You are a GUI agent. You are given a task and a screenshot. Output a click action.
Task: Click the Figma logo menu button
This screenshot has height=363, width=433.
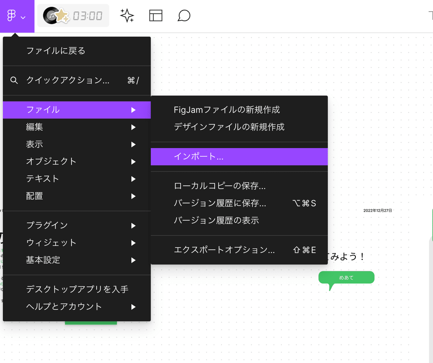(16, 16)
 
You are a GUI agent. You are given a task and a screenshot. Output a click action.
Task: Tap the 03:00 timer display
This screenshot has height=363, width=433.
(88, 16)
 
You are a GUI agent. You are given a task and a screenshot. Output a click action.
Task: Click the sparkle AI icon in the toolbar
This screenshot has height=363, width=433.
(127, 16)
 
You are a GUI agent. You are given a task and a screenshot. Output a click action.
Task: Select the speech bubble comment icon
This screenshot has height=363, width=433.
(184, 16)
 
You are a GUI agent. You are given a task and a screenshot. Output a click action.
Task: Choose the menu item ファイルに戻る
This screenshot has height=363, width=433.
(56, 51)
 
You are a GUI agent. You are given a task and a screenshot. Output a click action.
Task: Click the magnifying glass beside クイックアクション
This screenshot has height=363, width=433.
(14, 80)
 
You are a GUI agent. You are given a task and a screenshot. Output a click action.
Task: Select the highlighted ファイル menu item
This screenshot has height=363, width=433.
(43, 110)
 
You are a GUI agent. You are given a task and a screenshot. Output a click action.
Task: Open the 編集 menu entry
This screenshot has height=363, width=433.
(35, 127)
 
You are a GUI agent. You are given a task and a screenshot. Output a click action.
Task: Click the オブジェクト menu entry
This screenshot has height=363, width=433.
(52, 161)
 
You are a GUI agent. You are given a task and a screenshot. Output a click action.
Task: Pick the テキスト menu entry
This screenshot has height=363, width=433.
(43, 179)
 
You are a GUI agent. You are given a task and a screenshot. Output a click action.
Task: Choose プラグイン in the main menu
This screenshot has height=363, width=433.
(47, 225)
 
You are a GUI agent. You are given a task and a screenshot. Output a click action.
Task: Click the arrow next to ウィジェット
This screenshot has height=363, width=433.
(134, 243)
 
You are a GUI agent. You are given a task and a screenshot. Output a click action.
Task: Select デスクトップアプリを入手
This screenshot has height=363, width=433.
(77, 289)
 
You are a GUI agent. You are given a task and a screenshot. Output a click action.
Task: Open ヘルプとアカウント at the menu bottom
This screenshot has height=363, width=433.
(64, 307)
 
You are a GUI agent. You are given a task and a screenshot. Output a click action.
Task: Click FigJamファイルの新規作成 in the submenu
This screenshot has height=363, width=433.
(227, 109)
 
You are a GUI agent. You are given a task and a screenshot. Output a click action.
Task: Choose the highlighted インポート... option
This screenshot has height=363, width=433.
(199, 157)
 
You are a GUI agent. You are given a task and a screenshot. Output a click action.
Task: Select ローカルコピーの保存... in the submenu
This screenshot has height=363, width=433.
(220, 186)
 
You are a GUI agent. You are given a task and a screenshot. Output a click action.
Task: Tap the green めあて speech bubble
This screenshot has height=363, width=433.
(346, 278)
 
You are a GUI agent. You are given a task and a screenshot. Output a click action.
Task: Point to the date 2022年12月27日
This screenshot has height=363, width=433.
(377, 210)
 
